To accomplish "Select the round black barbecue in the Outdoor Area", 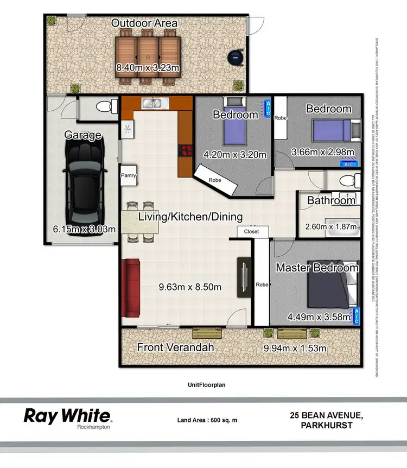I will click(236, 57).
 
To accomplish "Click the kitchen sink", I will click(152, 102).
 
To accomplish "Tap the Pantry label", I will click(128, 176).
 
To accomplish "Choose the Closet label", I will click(251, 231).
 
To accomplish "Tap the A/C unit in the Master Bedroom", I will click(357, 316).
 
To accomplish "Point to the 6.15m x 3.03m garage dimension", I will click(84, 229).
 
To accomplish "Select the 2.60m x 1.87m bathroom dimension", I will click(330, 227).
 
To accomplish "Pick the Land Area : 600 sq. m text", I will click(207, 420).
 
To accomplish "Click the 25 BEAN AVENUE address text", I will click(326, 415).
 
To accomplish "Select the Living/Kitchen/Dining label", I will click(190, 217).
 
